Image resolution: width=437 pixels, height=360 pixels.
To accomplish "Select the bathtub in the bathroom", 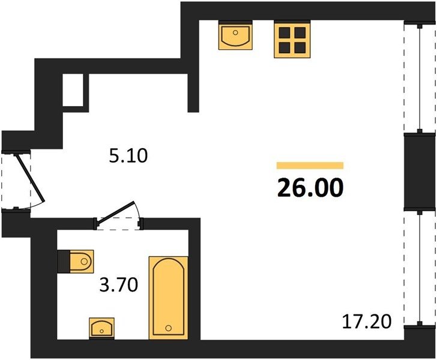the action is [168, 298].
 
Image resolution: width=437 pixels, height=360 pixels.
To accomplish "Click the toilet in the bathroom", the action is [75, 262].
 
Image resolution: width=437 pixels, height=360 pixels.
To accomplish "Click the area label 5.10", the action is [128, 157].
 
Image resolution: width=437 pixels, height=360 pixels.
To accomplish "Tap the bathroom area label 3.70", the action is [119, 286].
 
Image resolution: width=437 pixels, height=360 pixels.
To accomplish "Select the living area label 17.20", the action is [367, 321].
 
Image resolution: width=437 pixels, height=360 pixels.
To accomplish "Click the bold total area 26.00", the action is [310, 188].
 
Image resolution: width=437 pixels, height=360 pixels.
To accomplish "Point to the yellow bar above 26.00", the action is [310, 166].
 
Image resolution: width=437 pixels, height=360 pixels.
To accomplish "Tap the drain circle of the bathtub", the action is [168, 328].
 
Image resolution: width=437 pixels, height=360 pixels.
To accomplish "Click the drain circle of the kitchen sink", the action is [235, 32].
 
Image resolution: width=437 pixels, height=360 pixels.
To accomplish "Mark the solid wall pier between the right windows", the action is [420, 172].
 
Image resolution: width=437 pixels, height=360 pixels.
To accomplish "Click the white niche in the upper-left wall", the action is [73, 90].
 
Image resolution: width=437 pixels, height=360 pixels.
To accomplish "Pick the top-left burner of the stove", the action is [285, 32].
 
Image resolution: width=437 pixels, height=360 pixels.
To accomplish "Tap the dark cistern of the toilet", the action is [64, 262].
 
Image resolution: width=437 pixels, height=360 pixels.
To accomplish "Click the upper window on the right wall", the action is [420, 78].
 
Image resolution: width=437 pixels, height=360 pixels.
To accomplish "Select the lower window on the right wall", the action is [420, 268].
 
